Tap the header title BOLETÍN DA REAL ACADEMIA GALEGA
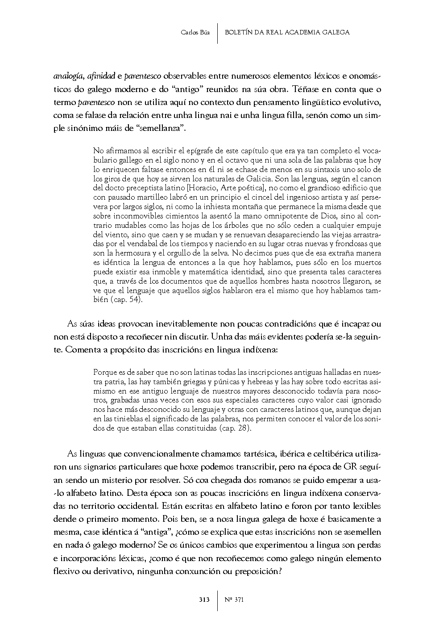click(x=287, y=32)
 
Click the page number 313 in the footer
click(x=204, y=599)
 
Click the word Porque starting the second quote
click(x=104, y=372)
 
